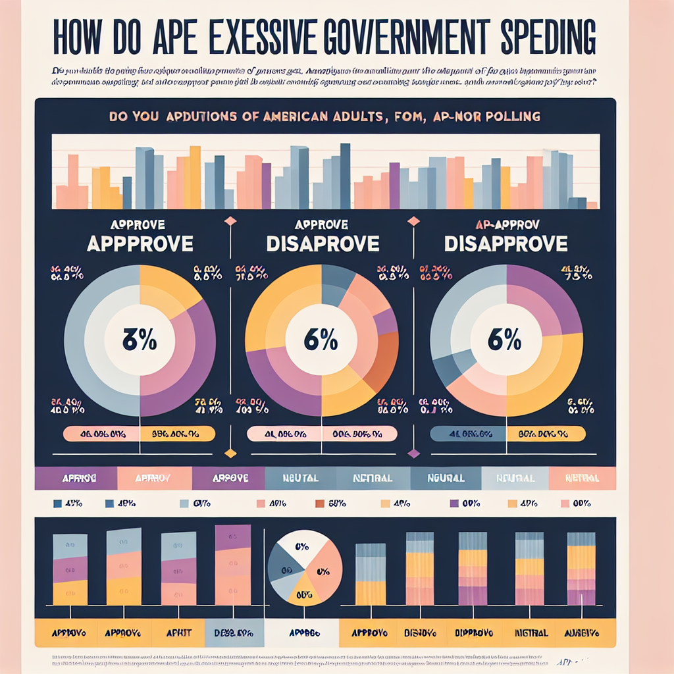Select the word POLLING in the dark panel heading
click(x=507, y=116)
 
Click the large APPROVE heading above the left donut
click(x=140, y=244)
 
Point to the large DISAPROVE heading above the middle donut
click(x=323, y=244)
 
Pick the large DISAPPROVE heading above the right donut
click(x=505, y=244)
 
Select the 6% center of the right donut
click(x=505, y=341)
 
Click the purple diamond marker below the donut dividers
click(x=413, y=453)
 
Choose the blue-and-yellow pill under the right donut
click(x=507, y=434)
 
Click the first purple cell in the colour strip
click(x=75, y=479)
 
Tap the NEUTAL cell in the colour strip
click(x=301, y=479)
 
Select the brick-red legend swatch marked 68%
click(x=320, y=504)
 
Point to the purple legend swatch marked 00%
click(x=454, y=504)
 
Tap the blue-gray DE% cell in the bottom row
click(x=234, y=633)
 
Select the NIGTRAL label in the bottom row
click(x=531, y=633)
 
